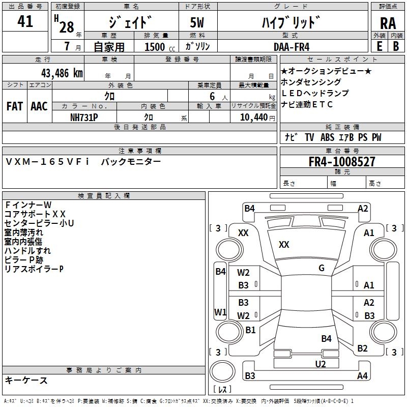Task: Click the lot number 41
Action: [25, 21]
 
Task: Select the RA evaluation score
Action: [388, 23]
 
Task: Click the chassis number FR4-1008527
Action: [342, 162]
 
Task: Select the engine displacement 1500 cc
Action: [158, 47]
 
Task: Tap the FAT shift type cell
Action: [15, 106]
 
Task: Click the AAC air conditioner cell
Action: [39, 106]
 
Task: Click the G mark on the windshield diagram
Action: [322, 268]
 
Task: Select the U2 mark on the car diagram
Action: [321, 363]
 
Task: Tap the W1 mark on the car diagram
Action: [220, 311]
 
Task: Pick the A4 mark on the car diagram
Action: [362, 376]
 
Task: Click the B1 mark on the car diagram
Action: [250, 330]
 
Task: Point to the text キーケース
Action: [26, 381]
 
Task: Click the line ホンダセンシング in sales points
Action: [311, 82]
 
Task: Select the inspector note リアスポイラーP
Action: [34, 269]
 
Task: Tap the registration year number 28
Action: [67, 26]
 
